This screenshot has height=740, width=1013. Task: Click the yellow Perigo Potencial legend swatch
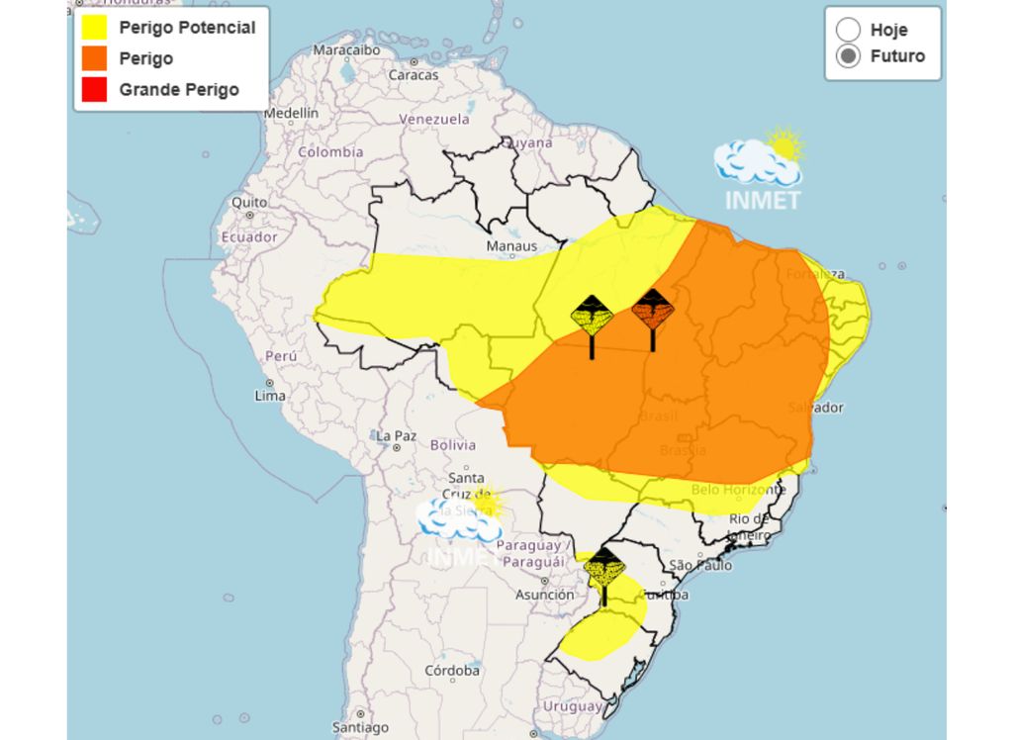click(94, 28)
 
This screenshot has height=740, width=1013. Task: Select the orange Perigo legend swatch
click(94, 58)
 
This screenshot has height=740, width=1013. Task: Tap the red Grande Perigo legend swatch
click(94, 89)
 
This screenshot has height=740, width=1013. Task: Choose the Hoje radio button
click(848, 30)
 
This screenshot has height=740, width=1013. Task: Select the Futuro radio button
click(848, 56)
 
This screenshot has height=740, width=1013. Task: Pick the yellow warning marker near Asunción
click(603, 569)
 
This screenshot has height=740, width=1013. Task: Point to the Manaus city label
click(511, 246)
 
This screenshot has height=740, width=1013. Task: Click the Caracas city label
click(414, 75)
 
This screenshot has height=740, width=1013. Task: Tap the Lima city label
click(270, 396)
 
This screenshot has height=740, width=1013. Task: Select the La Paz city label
click(396, 435)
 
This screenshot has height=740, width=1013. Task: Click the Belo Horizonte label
click(738, 490)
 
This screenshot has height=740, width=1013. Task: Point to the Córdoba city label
click(452, 670)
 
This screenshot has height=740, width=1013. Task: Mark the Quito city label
click(248, 203)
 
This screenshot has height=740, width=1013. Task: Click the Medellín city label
click(291, 114)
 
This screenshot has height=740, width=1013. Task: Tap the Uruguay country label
click(572, 707)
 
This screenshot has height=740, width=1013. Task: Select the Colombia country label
click(330, 152)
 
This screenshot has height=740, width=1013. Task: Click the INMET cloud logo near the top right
click(761, 168)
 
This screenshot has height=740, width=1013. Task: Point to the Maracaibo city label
click(346, 49)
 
